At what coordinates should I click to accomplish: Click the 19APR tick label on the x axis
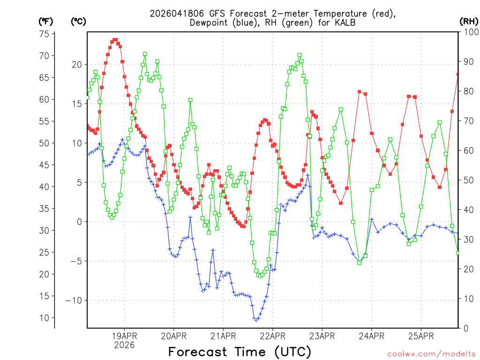(x=124, y=336)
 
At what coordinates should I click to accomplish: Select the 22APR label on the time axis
(x=272, y=336)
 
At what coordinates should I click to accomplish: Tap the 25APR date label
(x=421, y=336)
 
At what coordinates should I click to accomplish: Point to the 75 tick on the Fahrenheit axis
(x=45, y=34)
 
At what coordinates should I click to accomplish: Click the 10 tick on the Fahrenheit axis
(x=45, y=318)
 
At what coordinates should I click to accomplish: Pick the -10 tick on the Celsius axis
(x=75, y=300)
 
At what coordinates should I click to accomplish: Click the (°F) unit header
(x=46, y=21)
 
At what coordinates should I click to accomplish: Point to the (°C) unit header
(x=79, y=21)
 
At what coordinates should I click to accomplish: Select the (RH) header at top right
(x=468, y=21)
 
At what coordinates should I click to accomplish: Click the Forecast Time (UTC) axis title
(x=240, y=352)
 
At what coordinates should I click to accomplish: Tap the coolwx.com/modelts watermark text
(x=431, y=354)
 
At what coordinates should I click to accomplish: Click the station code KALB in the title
(x=345, y=22)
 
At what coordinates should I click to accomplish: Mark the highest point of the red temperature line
(x=115, y=40)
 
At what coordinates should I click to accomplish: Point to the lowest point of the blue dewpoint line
(x=256, y=320)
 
